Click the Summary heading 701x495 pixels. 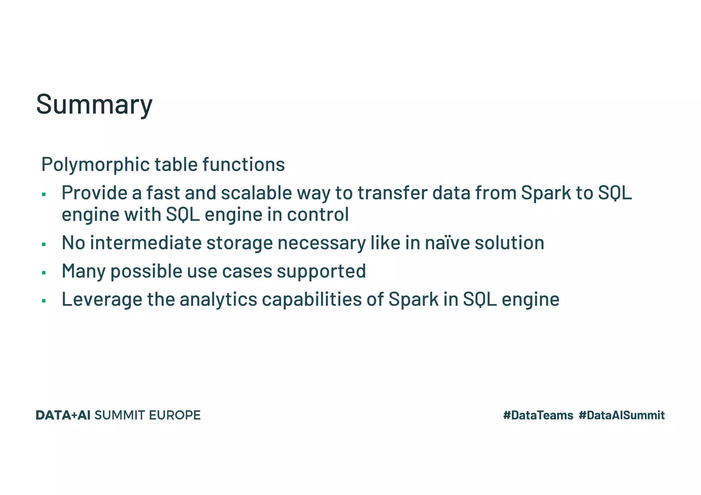tap(94, 104)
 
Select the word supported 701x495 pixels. tap(321, 271)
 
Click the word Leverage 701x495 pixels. tap(102, 299)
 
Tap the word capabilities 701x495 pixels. tap(312, 299)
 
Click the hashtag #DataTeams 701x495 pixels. tap(538, 415)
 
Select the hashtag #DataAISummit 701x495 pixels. tap(622, 415)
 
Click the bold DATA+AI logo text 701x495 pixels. tap(63, 415)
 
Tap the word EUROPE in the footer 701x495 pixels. tap(175, 415)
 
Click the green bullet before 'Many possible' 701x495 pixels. tap(44, 273)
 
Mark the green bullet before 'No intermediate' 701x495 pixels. tap(44, 245)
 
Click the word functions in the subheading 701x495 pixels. tap(243, 165)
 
